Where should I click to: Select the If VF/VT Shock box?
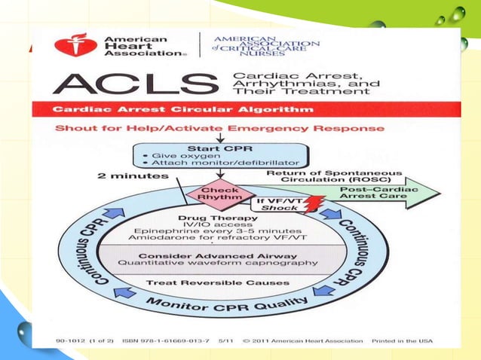click(x=271, y=204)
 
